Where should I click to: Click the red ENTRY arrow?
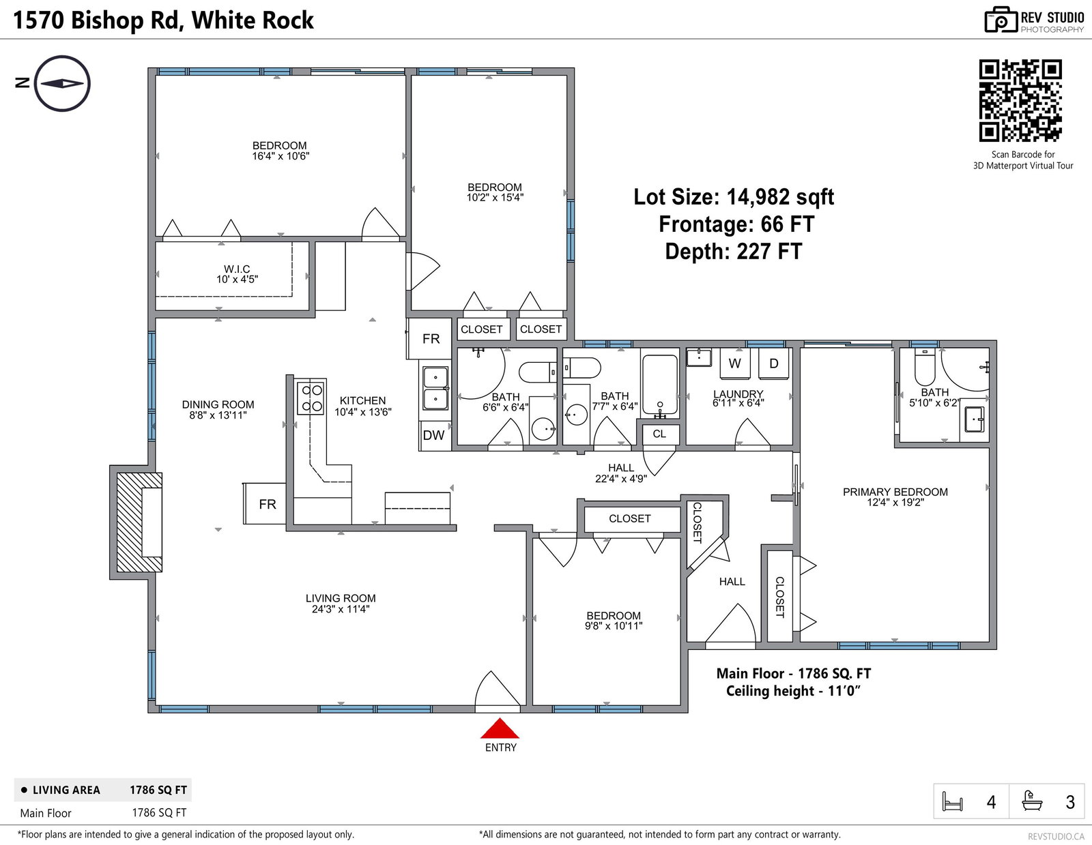pos(500,728)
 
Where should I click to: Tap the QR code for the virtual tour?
pos(1020,100)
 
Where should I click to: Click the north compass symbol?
pos(62,83)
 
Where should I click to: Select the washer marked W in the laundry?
pos(734,364)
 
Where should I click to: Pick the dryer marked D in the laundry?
pos(773,364)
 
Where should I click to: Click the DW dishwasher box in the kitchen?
pos(434,435)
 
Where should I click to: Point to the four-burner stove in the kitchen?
pos(311,398)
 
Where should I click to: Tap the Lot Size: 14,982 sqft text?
pos(734,197)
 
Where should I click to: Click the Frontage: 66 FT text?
pos(736,224)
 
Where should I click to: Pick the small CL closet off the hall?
pos(659,434)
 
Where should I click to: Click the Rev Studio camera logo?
pos(1001,20)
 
